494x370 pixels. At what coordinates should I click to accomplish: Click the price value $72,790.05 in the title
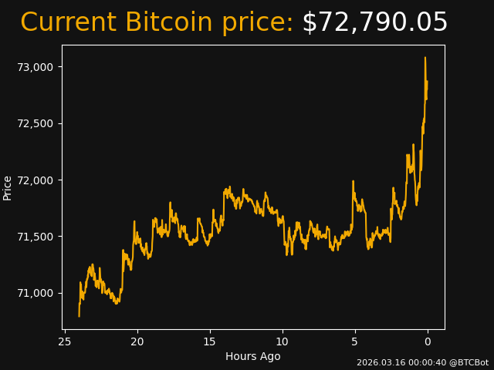374,23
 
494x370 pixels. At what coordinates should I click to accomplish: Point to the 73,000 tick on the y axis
36,67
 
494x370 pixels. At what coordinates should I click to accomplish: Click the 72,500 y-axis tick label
36,123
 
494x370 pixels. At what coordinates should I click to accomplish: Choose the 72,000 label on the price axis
36,180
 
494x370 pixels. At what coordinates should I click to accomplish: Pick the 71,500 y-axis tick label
36,237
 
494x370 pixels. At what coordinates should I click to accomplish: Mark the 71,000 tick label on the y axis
36,293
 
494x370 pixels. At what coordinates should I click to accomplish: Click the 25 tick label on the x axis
65,341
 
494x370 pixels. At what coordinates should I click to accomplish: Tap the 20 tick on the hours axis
137,341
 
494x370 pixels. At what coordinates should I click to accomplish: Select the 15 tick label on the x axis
210,341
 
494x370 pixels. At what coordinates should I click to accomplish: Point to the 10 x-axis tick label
283,341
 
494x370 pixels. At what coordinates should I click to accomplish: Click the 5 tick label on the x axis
355,341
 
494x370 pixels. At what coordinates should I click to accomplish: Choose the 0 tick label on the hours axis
428,341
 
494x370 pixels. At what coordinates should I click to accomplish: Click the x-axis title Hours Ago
252,356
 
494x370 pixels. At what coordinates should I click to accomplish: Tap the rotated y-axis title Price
8,187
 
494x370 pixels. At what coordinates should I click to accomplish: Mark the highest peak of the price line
425,58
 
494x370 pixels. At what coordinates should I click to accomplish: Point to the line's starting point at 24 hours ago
79,315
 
